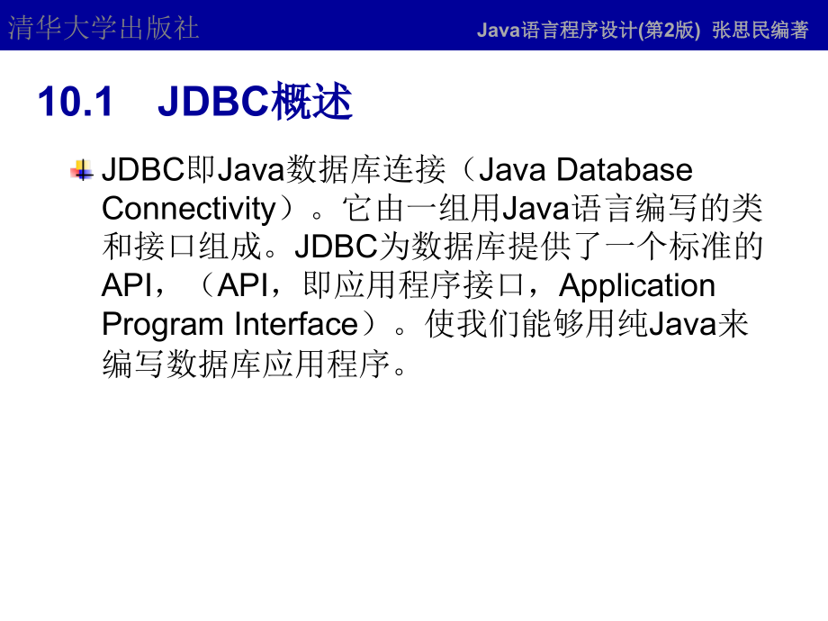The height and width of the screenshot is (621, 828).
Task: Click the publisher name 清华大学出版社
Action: pos(103,28)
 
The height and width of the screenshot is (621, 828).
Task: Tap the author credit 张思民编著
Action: pos(760,30)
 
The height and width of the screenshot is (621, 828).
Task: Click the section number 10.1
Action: pos(76,103)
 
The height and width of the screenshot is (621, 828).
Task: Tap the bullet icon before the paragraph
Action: pos(83,170)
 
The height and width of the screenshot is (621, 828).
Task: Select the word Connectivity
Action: pos(188,209)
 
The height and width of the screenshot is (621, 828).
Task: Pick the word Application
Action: pos(637,285)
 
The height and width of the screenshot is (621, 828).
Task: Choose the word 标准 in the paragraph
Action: pos(704,247)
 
